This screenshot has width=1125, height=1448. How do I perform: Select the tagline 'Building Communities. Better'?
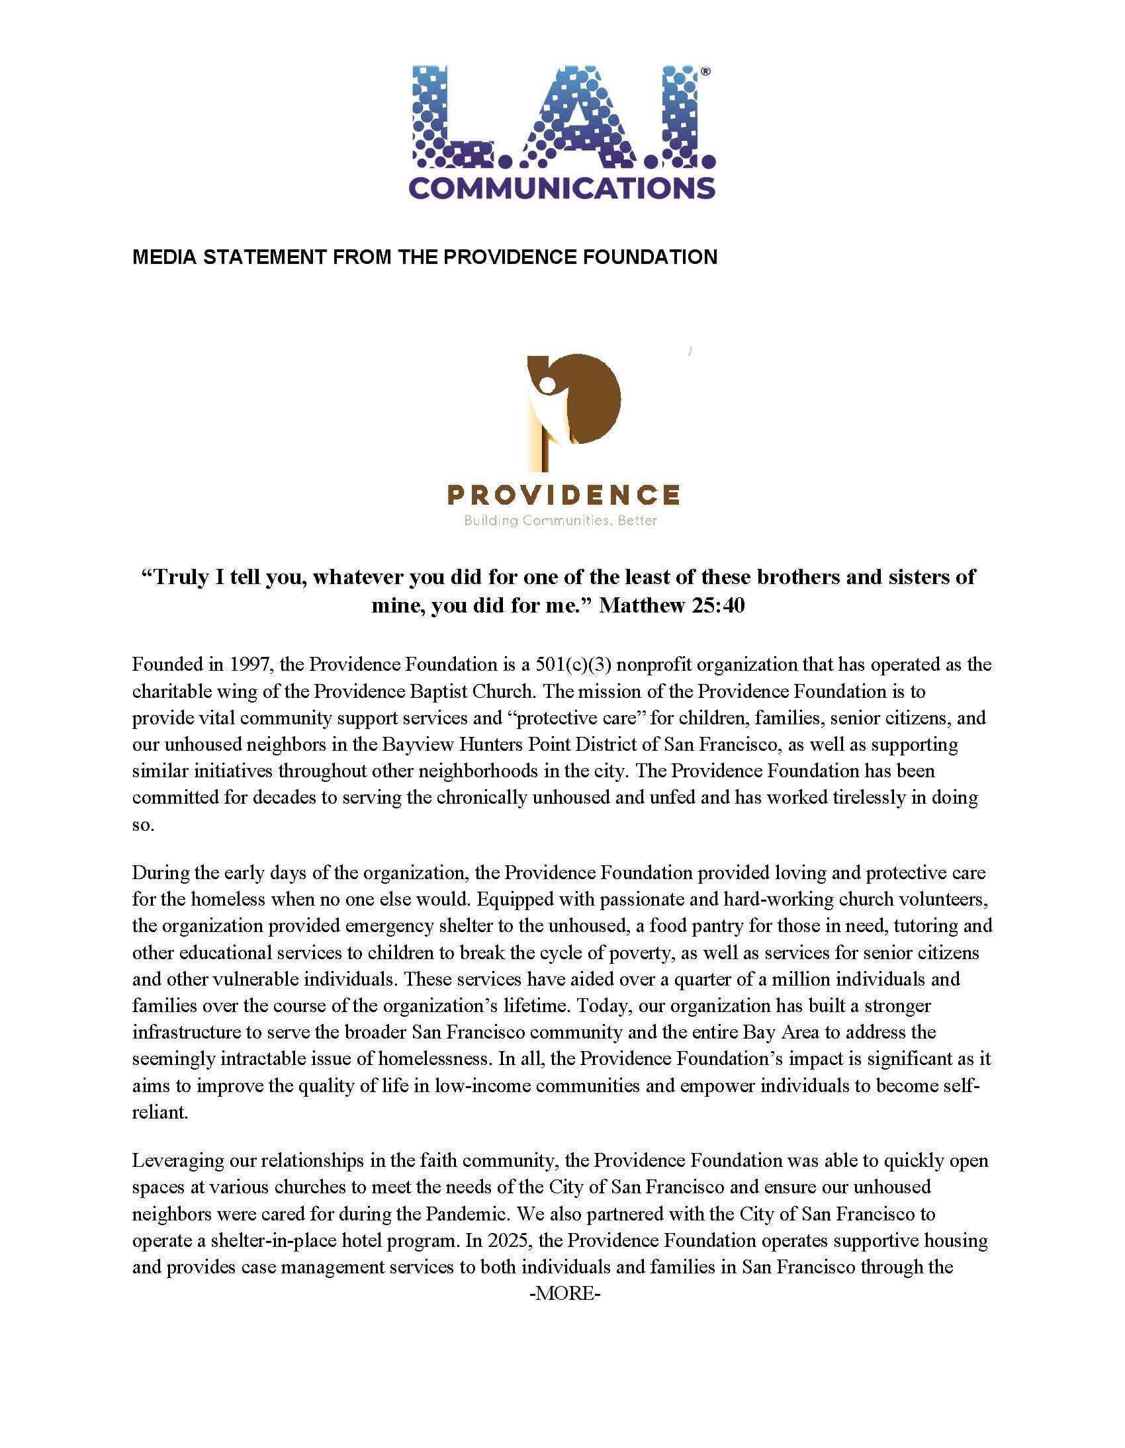point(561,521)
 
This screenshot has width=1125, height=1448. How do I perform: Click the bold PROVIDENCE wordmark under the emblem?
point(563,494)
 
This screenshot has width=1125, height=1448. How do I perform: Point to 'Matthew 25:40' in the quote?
point(672,605)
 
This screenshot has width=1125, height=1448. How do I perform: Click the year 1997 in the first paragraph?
point(250,664)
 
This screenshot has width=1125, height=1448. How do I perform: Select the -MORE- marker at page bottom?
point(564,1293)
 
